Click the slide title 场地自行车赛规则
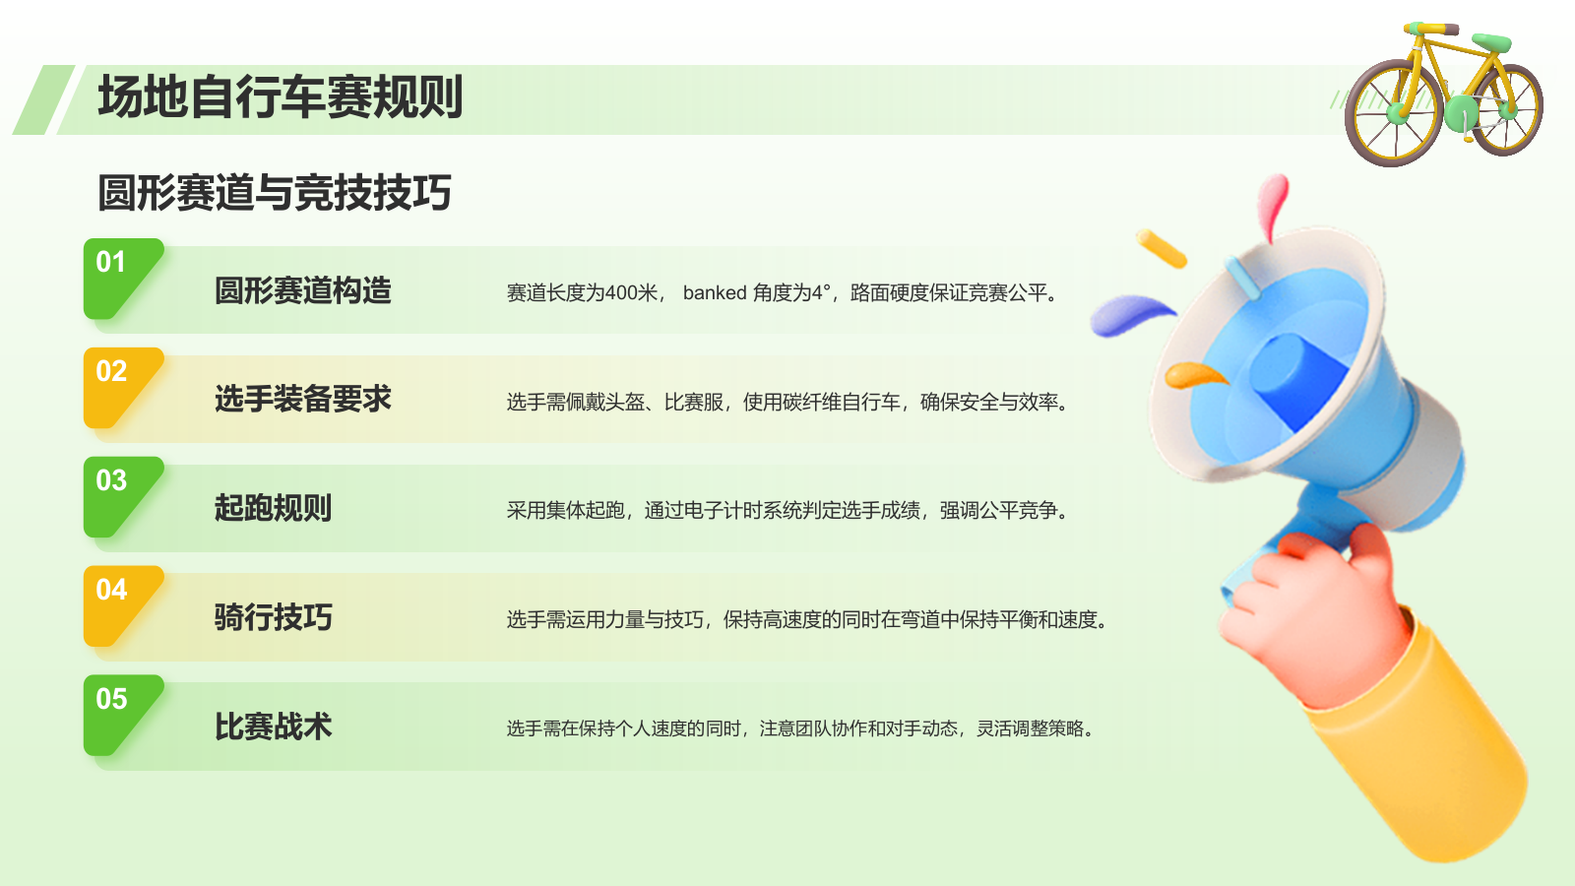(x=281, y=97)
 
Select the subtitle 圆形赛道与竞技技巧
(x=275, y=192)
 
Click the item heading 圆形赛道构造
(x=303, y=291)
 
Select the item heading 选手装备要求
(x=303, y=400)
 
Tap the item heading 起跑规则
(x=274, y=509)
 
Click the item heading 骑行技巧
(x=274, y=618)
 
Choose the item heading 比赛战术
(x=274, y=728)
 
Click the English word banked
(x=715, y=292)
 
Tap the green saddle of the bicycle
(x=1491, y=41)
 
